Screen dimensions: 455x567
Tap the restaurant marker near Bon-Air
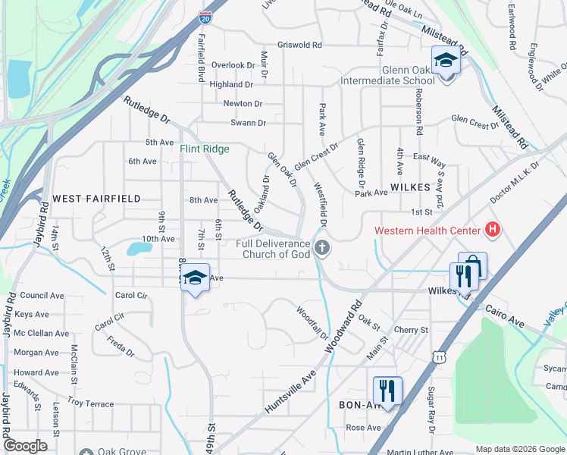click(387, 391)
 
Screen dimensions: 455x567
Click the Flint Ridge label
click(204, 149)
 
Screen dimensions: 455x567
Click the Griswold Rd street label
click(300, 45)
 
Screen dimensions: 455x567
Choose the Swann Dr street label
click(249, 123)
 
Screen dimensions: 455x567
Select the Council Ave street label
click(42, 296)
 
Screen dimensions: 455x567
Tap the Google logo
click(25, 446)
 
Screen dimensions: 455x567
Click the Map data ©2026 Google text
click(520, 449)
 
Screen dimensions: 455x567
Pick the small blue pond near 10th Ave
click(139, 248)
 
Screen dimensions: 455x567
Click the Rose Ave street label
click(363, 428)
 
